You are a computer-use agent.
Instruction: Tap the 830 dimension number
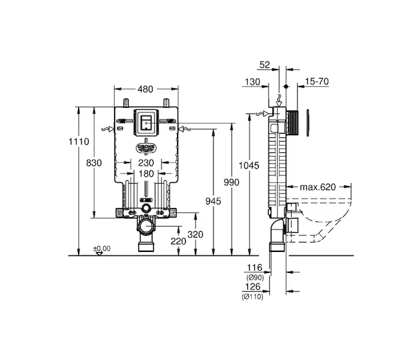point(94,163)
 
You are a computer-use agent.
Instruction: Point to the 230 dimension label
point(146,163)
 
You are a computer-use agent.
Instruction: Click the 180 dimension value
point(146,173)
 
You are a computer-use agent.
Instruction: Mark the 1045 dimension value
point(249,164)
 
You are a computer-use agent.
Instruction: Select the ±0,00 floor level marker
point(101,248)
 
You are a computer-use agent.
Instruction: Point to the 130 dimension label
point(252,82)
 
